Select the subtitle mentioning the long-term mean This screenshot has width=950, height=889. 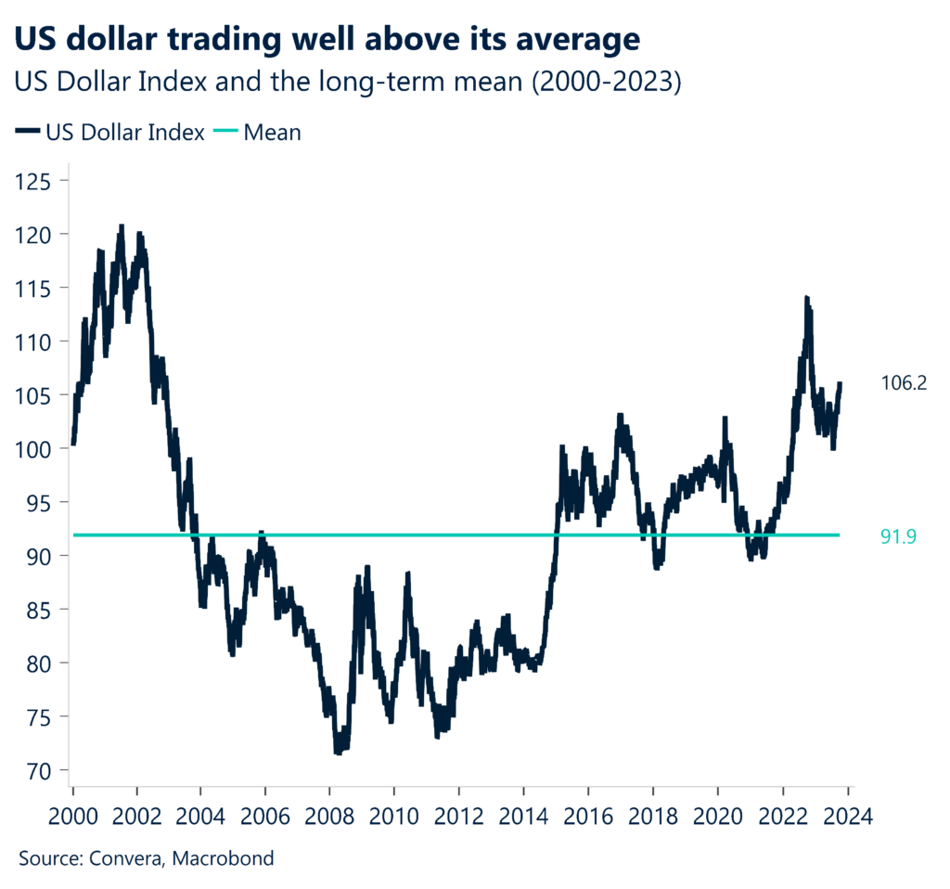point(348,83)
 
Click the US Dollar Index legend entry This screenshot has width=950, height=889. point(110,133)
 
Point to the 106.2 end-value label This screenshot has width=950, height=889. point(904,382)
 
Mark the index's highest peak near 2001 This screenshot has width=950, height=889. point(121,225)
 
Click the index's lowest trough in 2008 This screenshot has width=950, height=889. point(338,753)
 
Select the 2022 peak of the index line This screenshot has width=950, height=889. point(806,298)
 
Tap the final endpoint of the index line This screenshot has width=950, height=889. point(840,382)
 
